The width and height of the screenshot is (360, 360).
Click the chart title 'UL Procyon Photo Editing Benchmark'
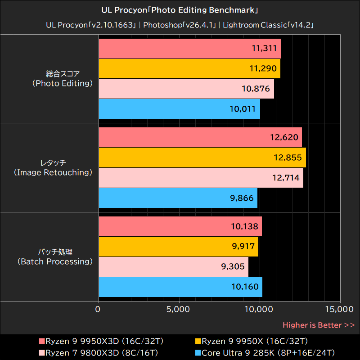click(x=180, y=9)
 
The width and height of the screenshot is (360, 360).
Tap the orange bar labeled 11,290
click(x=189, y=68)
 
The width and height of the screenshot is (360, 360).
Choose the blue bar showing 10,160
click(x=180, y=287)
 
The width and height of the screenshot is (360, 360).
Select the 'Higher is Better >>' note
click(x=318, y=325)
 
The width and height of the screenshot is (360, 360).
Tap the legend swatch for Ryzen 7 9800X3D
click(x=42, y=352)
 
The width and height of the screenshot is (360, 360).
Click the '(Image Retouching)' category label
click(x=53, y=172)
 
